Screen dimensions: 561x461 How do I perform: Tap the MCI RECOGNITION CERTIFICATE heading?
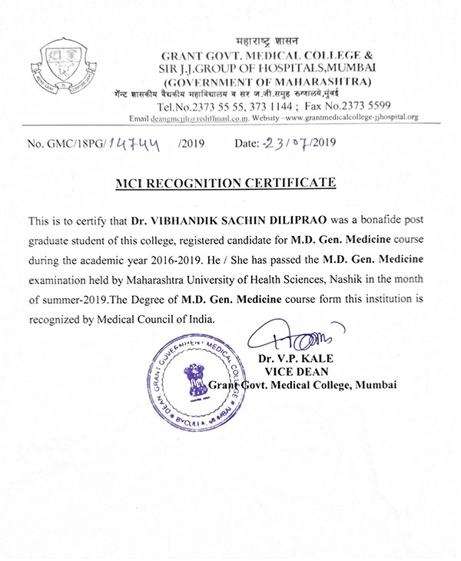coord(230,183)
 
